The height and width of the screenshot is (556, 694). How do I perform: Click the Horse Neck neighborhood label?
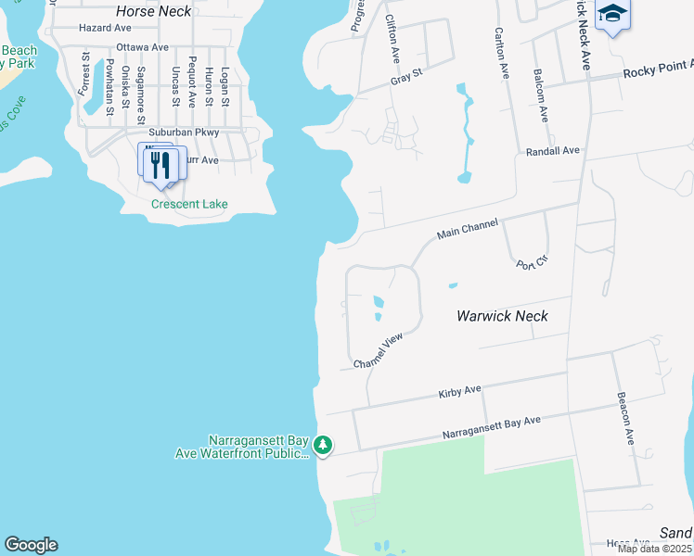click(x=154, y=12)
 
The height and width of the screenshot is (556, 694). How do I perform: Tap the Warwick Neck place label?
click(x=502, y=316)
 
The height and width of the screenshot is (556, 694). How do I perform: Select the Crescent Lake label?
click(x=190, y=204)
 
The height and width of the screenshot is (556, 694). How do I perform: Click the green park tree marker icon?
click(x=323, y=446)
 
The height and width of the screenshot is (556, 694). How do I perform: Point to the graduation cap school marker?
click(x=612, y=14)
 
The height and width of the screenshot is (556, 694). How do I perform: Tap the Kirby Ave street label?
click(x=460, y=392)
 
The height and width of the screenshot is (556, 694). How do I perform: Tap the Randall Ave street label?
click(x=552, y=150)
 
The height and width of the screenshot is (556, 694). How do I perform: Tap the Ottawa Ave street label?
click(x=142, y=47)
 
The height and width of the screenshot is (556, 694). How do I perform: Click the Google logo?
click(x=31, y=545)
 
